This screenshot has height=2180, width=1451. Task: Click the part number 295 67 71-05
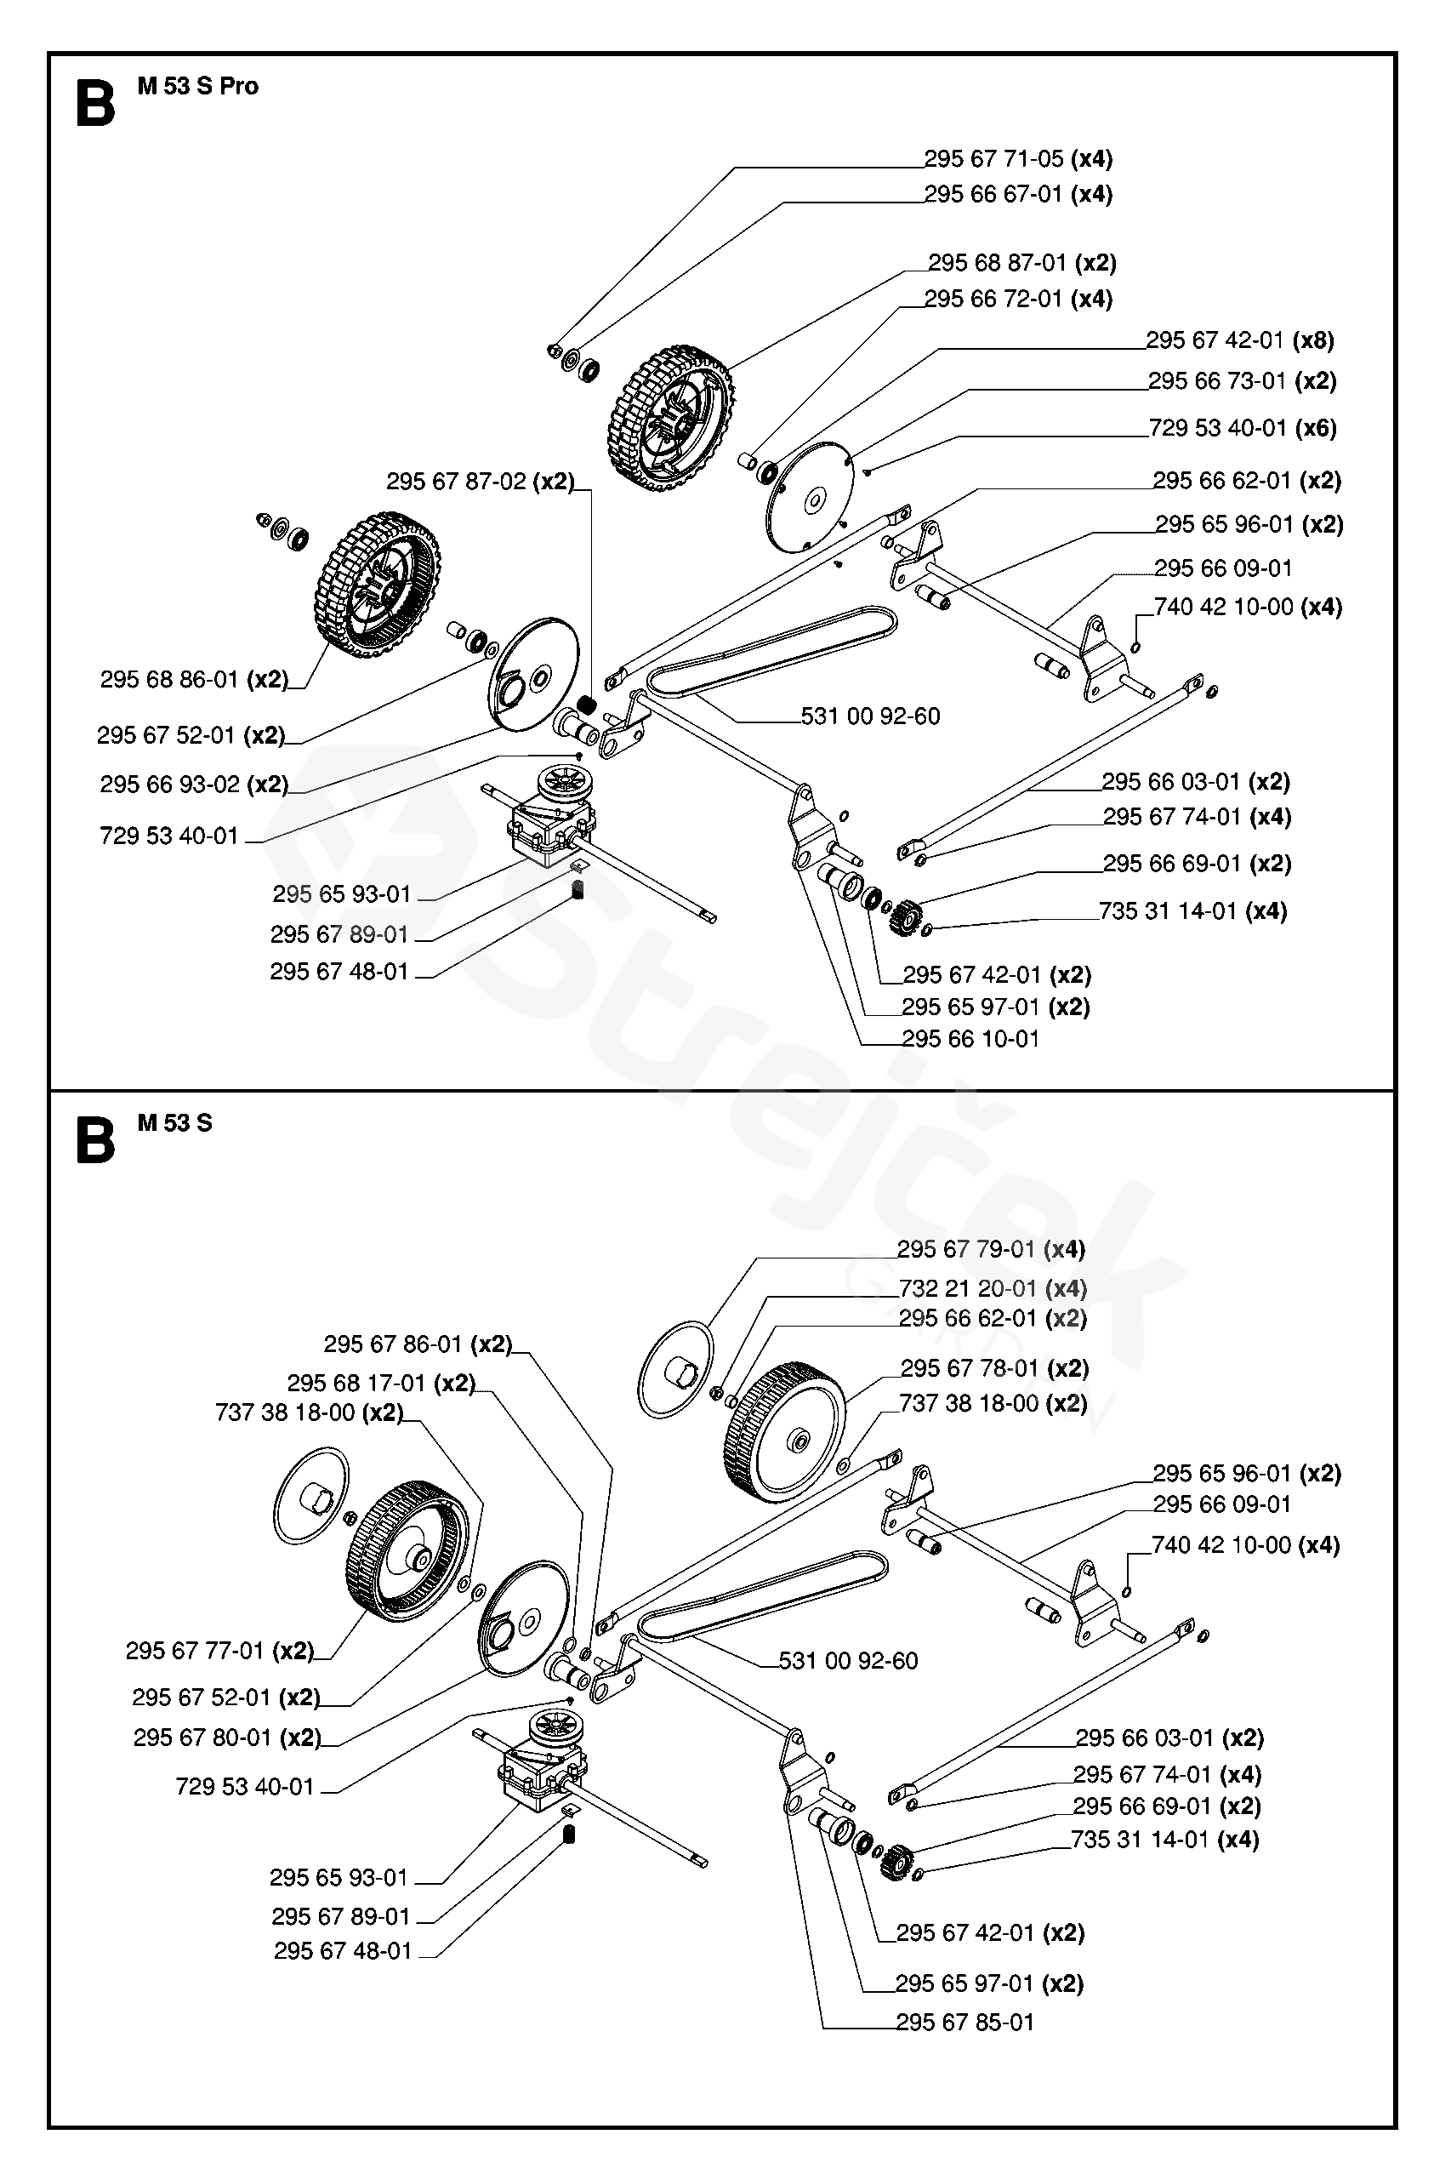click(994, 159)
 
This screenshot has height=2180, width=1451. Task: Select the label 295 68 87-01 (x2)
click(1022, 263)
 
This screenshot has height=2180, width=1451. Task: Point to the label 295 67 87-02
click(456, 482)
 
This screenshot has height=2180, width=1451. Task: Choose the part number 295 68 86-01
click(169, 680)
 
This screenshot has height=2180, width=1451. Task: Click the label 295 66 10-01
click(970, 1039)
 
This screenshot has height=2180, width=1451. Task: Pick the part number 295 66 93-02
click(169, 784)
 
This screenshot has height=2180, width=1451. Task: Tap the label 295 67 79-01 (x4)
click(991, 1250)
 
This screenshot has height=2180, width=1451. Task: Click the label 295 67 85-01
click(964, 2022)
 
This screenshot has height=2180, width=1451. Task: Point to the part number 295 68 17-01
click(356, 1383)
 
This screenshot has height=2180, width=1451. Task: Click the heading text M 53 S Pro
click(198, 86)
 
